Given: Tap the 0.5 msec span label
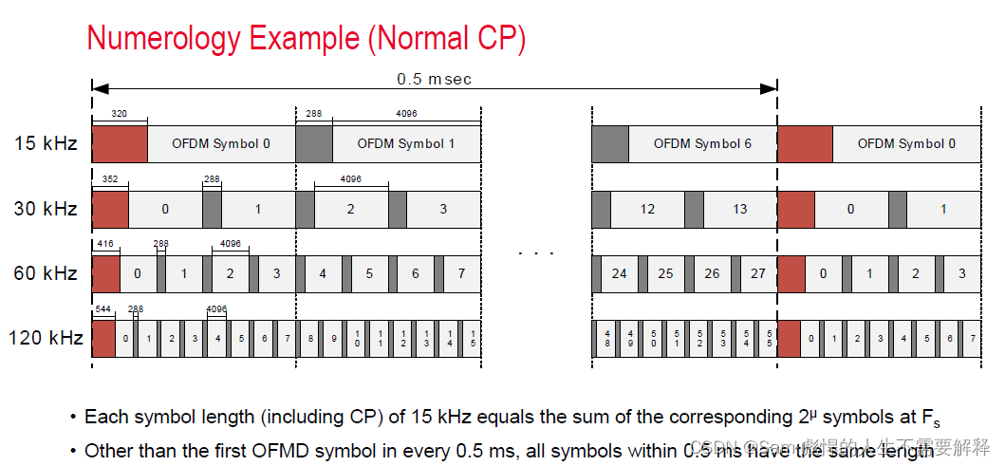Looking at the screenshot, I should click(x=434, y=79).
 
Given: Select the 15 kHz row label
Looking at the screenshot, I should click(x=46, y=144).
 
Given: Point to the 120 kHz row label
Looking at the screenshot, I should click(x=46, y=339).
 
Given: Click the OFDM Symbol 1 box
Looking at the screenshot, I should click(x=406, y=144).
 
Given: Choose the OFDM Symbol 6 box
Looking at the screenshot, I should click(x=702, y=144).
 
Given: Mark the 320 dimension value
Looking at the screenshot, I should click(x=119, y=114).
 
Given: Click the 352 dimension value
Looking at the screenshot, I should click(x=109, y=178).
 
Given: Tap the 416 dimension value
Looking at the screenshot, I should click(x=105, y=244).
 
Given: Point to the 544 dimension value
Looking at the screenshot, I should click(x=102, y=309).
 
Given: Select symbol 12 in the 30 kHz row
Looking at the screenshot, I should click(x=647, y=209).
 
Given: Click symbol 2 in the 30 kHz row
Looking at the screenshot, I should click(x=350, y=209).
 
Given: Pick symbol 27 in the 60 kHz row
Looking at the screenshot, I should click(x=758, y=273).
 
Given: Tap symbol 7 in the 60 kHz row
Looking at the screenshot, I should click(x=462, y=273).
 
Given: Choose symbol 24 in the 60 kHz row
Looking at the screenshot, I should click(x=620, y=273).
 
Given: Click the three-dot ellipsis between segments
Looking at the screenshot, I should click(x=536, y=253).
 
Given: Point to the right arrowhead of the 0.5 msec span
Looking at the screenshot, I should click(x=771, y=88).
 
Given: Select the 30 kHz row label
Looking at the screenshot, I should click(x=46, y=209).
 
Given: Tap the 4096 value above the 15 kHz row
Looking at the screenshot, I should click(x=406, y=114).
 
